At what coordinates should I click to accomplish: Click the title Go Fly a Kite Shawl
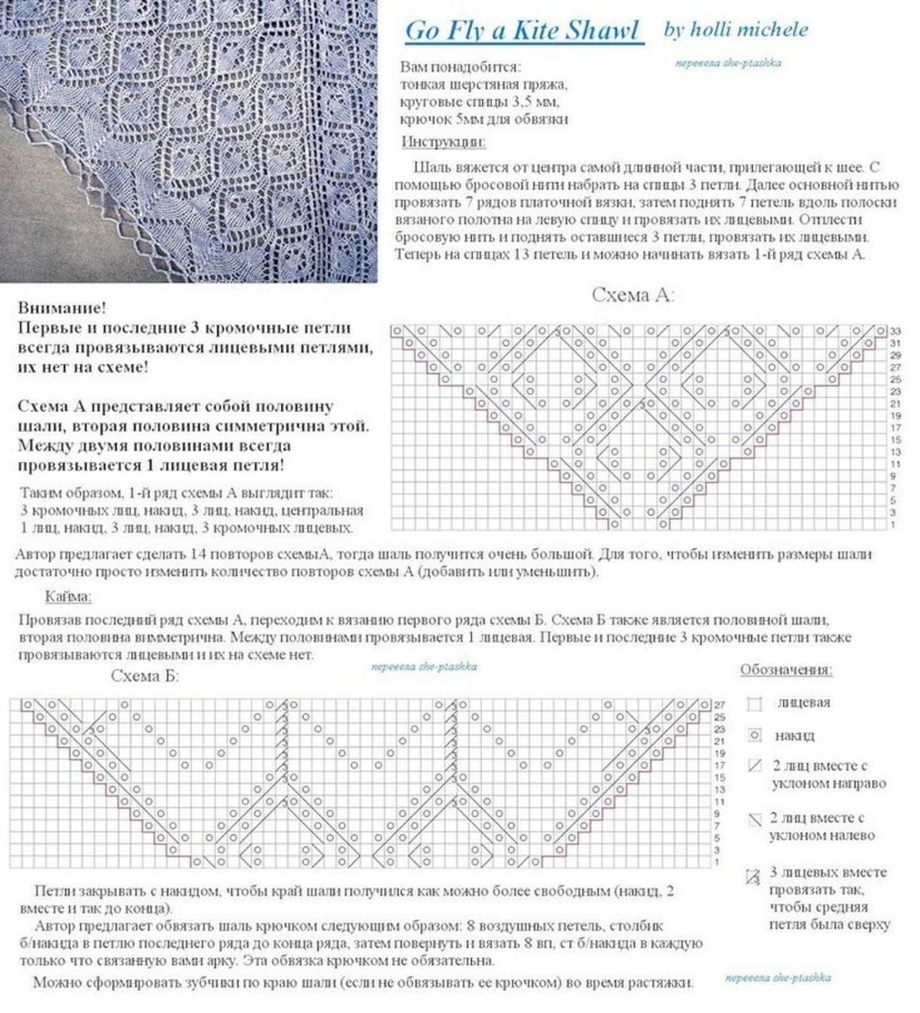(x=522, y=31)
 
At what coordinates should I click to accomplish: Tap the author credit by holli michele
(x=735, y=30)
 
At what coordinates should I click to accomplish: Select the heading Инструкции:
(x=443, y=142)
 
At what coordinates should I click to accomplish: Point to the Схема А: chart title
(x=633, y=295)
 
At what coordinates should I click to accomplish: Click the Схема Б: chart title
(x=145, y=676)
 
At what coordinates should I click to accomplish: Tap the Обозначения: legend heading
(x=786, y=670)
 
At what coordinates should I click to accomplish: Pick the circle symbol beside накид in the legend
(x=755, y=735)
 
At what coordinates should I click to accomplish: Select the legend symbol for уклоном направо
(x=755, y=767)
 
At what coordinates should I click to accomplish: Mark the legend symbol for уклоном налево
(x=755, y=819)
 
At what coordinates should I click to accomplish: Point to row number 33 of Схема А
(x=896, y=330)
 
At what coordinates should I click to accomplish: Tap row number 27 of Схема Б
(x=720, y=704)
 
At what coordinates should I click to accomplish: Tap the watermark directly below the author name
(x=728, y=62)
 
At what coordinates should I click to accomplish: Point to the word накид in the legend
(x=794, y=735)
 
